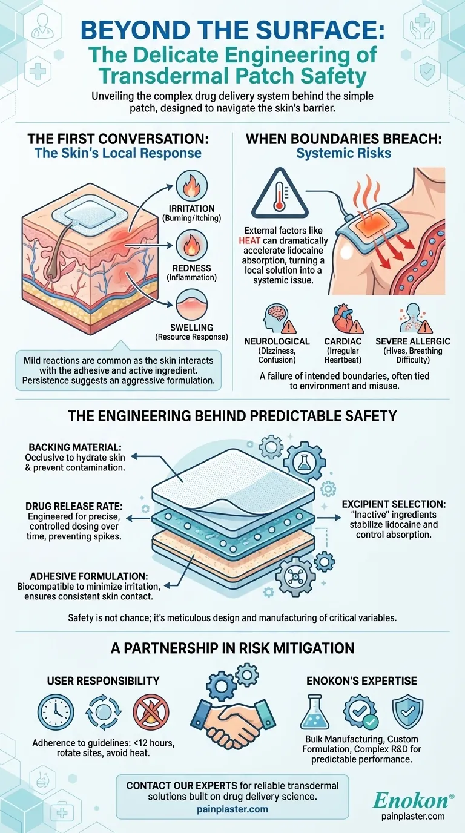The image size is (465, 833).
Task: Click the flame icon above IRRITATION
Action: point(191,186)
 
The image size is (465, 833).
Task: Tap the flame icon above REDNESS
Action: point(191,245)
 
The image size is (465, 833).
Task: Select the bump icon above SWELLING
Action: point(191,305)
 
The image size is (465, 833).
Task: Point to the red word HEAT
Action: point(249,240)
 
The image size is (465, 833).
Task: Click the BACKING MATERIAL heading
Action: point(75,447)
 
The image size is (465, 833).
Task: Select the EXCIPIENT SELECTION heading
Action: point(394,504)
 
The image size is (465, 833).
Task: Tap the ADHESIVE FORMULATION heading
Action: point(89,576)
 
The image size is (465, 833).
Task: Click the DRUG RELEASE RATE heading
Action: point(74,507)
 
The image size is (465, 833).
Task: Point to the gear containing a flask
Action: point(305,462)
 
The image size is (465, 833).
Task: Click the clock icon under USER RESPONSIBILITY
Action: point(56,712)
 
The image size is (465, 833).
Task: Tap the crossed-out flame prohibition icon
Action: point(151,712)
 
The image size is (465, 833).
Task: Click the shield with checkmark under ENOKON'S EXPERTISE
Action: point(407,712)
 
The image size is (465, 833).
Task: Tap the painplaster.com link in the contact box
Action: point(232,809)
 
